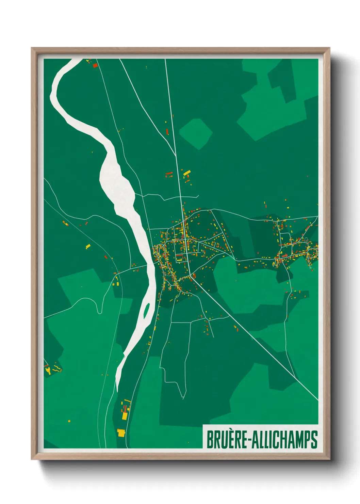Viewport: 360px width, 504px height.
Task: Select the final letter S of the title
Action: click(314, 440)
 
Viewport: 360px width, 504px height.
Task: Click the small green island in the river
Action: click(147, 310)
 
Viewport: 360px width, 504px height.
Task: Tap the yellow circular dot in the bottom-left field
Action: click(69, 421)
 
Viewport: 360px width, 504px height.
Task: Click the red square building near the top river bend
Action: click(95, 65)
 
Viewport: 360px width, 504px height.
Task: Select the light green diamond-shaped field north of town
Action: click(196, 133)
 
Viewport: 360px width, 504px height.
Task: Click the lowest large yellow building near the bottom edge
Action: click(121, 433)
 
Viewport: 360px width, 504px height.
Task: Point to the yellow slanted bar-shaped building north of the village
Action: click(187, 173)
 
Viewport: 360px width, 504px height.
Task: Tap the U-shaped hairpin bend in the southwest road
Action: click(99, 311)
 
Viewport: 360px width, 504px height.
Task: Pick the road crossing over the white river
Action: click(150, 264)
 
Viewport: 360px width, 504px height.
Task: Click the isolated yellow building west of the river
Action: click(88, 246)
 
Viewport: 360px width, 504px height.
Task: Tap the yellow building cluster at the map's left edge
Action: click(48, 371)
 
